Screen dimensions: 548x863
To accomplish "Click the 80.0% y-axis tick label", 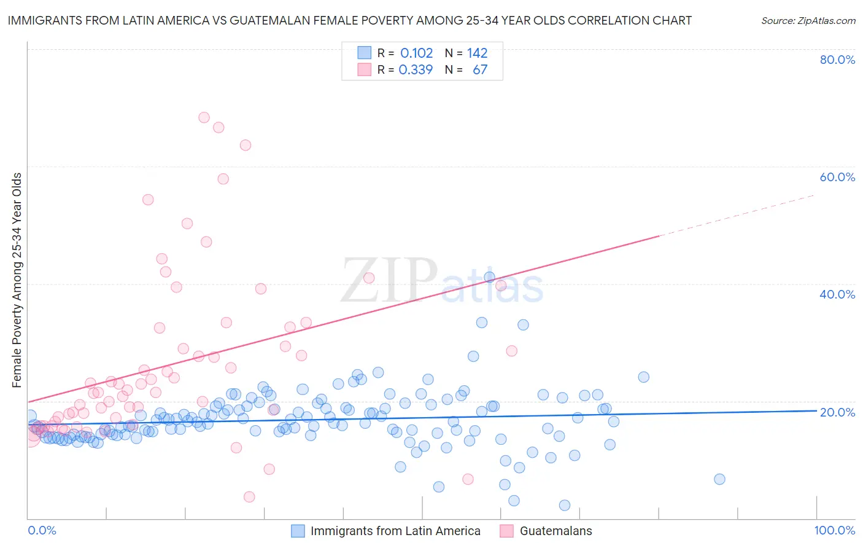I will pos(837,60).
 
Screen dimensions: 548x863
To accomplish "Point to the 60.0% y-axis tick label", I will pos(837,177).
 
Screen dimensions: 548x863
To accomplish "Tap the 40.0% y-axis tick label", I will pos(837,294).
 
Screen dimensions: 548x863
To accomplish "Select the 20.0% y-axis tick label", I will pos(837,412).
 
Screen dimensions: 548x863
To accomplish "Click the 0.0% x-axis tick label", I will pos(42,530).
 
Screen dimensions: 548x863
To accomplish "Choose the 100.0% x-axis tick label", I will pos(834,530).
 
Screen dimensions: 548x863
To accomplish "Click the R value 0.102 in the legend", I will pos(416,53).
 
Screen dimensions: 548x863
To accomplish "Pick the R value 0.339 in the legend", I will pos(416,70).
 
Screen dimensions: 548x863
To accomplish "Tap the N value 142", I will pos(477,53).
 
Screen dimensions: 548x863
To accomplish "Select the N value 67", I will pos(480,70).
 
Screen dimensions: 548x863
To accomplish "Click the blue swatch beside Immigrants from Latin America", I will pos(298,531).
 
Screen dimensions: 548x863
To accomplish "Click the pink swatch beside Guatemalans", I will pos(506,531).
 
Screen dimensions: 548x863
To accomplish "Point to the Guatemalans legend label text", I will pos(555,531).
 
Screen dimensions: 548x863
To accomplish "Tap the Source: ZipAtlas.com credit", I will pos(808,20).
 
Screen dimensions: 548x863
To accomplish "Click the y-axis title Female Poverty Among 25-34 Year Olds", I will pos(17,280).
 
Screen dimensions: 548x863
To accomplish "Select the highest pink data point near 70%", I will pos(204,117).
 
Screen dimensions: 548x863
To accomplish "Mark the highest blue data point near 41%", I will pos(489,277).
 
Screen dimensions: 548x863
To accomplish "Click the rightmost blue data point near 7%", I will pos(719,479).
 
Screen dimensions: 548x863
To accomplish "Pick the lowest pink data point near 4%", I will pos(249,496).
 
